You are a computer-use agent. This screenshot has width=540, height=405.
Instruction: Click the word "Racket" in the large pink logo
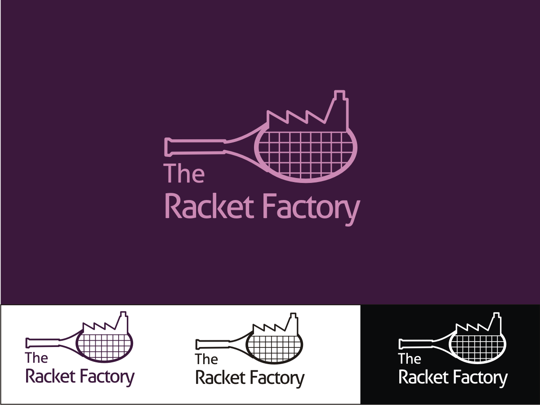point(210,207)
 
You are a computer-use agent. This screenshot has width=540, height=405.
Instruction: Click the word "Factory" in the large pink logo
point(310,208)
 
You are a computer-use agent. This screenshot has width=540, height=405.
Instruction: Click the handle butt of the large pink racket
point(168,147)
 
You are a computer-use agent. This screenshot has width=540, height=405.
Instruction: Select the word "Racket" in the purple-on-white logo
point(50,376)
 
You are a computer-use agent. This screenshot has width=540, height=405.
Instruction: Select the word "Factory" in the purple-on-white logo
point(107,377)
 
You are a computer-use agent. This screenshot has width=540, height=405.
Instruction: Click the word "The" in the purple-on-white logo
point(36,358)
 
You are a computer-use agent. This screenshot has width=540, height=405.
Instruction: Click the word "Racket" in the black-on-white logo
point(220,378)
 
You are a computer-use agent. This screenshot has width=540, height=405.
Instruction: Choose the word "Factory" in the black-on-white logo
point(277,378)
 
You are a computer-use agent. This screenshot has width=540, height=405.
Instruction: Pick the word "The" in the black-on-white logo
point(206,359)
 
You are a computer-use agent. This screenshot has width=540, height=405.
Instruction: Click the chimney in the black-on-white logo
point(294,324)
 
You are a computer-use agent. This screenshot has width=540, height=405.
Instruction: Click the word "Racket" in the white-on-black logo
point(424,378)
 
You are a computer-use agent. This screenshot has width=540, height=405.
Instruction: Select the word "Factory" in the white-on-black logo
point(480,378)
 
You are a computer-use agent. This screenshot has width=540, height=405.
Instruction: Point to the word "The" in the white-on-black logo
point(410,359)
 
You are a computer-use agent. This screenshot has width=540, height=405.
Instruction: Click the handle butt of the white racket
point(402,344)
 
